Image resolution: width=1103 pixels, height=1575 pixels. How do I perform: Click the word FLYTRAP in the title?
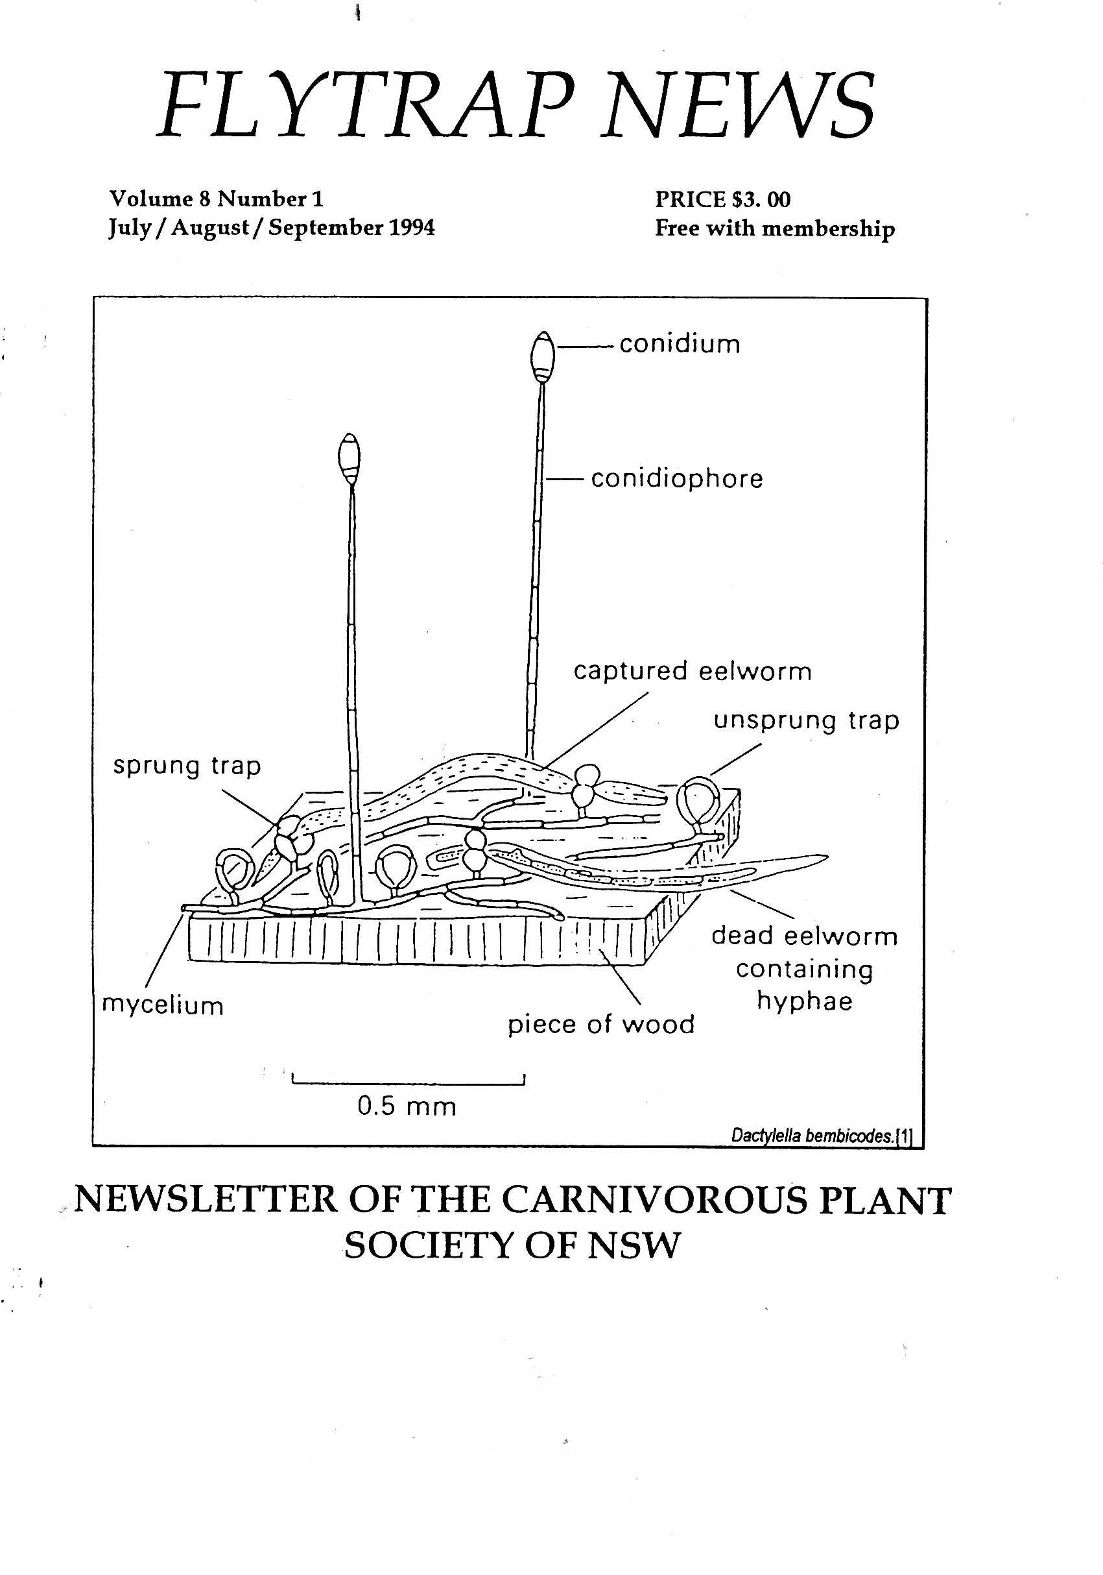pyautogui.click(x=364, y=106)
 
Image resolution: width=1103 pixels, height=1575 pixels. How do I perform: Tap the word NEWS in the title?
pyautogui.click(x=739, y=106)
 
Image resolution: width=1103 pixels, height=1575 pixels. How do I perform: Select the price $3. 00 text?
pyautogui.click(x=760, y=200)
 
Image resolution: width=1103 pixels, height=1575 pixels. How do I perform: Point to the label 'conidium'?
pyautogui.click(x=680, y=345)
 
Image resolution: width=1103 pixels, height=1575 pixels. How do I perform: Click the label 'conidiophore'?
pyautogui.click(x=676, y=479)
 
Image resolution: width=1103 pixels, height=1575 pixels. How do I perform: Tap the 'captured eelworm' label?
pyautogui.click(x=692, y=671)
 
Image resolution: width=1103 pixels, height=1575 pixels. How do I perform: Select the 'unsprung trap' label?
pyautogui.click(x=805, y=721)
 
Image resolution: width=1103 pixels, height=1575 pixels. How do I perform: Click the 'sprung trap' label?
pyautogui.click(x=187, y=766)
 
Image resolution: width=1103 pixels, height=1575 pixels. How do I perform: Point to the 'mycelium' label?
pyautogui.click(x=163, y=1007)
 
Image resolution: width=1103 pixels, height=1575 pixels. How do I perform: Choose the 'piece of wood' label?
pyautogui.click(x=600, y=1025)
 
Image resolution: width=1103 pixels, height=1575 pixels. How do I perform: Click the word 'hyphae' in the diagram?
pyautogui.click(x=804, y=1001)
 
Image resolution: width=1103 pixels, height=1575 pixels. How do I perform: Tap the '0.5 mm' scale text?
pyautogui.click(x=407, y=1106)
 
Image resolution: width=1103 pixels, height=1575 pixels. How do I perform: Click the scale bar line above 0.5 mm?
pyautogui.click(x=408, y=1084)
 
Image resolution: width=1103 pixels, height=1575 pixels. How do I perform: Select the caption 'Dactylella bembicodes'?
pyautogui.click(x=813, y=1136)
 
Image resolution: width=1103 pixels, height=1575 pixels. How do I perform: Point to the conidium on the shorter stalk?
pyautogui.click(x=350, y=457)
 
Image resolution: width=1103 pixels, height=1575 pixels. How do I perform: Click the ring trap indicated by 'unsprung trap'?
pyautogui.click(x=698, y=801)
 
